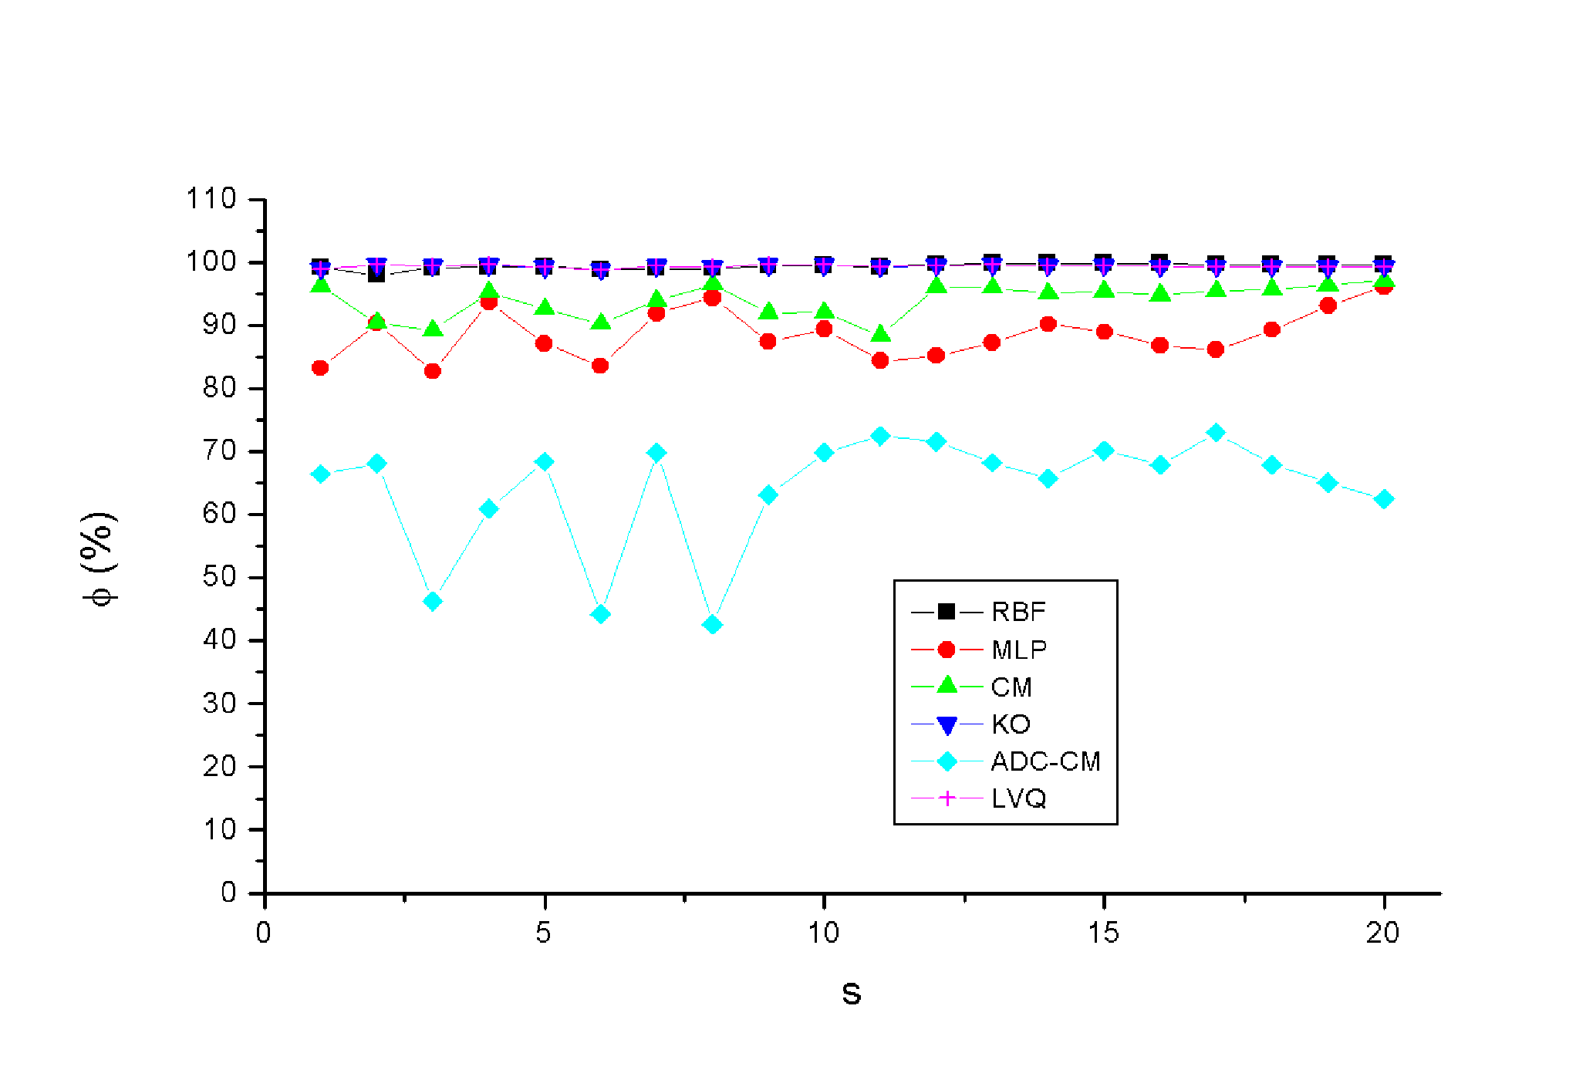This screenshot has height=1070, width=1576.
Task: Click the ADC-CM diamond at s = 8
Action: click(x=713, y=624)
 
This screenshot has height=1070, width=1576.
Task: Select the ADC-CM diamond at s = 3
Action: click(x=433, y=601)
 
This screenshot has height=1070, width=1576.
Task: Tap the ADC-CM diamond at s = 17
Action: click(x=1216, y=432)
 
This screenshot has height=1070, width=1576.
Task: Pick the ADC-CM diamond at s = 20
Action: click(x=1384, y=499)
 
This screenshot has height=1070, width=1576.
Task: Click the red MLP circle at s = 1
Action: click(x=320, y=368)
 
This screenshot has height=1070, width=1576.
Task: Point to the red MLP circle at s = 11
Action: click(x=879, y=360)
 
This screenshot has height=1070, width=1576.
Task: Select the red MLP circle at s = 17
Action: click(x=1216, y=349)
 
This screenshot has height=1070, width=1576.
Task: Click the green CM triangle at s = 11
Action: click(x=879, y=333)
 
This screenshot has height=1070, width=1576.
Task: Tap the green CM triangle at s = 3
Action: click(x=433, y=328)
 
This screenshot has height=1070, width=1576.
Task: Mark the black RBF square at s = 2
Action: click(x=376, y=273)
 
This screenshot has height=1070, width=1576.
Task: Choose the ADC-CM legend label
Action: click(x=1045, y=761)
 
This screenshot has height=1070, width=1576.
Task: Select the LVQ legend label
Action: click(x=1018, y=798)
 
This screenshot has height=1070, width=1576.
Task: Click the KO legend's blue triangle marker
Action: click(x=947, y=725)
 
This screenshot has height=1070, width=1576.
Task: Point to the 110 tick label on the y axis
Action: click(x=211, y=199)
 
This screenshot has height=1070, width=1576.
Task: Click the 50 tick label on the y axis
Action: click(x=219, y=577)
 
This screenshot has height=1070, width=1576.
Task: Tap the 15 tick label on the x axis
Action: click(x=1103, y=933)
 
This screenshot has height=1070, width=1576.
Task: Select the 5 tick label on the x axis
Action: click(x=544, y=933)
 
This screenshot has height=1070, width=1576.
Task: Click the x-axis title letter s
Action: click(x=851, y=994)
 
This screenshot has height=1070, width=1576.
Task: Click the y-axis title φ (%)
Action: click(x=100, y=559)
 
